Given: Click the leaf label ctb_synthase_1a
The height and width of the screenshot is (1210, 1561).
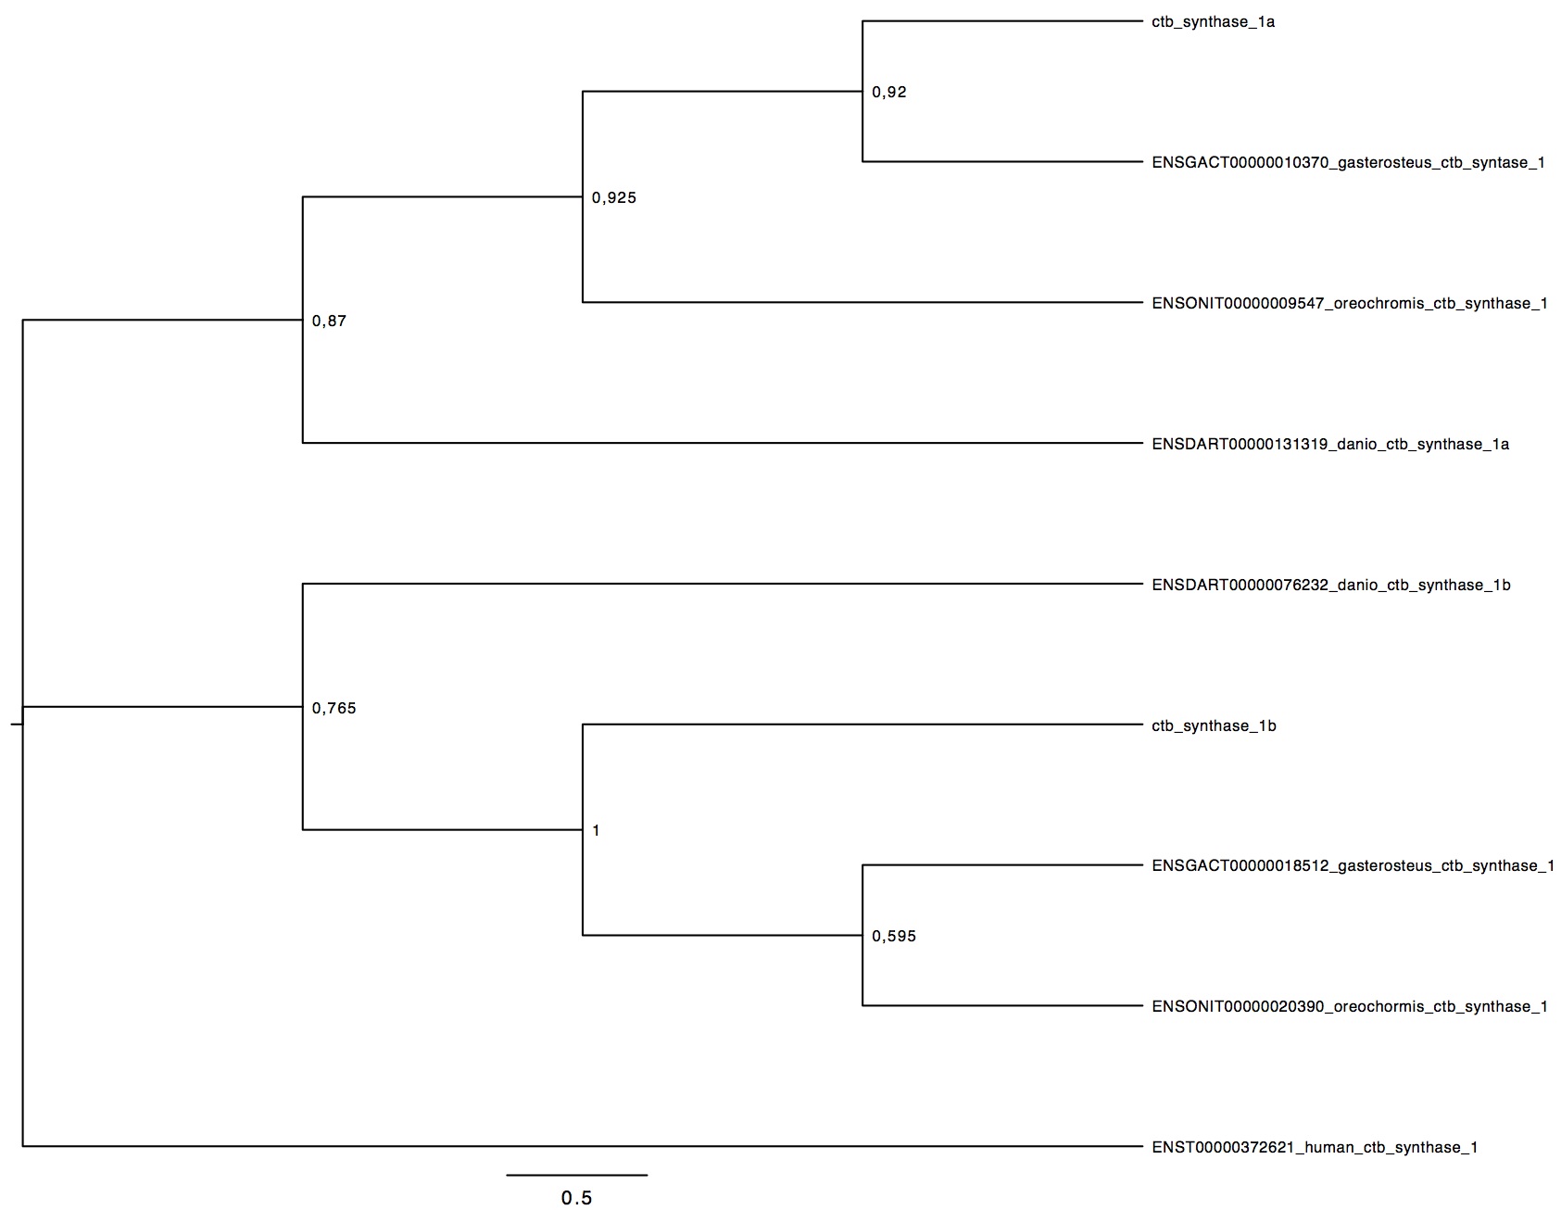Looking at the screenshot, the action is click(1213, 22).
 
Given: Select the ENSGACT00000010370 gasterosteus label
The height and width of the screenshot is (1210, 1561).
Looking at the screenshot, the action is click(1348, 163).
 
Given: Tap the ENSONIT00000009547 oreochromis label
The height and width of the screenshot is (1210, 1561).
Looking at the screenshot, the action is click(1350, 304).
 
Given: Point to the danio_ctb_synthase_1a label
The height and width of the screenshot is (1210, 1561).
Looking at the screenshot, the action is click(1330, 445).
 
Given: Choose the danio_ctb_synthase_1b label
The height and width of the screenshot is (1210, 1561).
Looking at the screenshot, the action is click(1331, 586).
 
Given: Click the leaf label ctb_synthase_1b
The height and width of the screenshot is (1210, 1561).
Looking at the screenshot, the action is click(1214, 726).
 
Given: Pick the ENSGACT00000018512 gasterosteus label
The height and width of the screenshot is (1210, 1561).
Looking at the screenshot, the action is click(1353, 866).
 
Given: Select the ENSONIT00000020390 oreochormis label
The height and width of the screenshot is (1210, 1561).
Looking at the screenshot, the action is click(1350, 1007).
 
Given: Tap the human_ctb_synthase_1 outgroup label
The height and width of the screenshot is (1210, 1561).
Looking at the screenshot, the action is click(1315, 1148).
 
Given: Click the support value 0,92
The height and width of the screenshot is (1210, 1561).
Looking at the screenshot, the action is click(889, 93).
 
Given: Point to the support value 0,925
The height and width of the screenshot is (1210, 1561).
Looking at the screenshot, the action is click(614, 198).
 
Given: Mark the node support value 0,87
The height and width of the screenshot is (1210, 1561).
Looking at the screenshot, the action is click(329, 321).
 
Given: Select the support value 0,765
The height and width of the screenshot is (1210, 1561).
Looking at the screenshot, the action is click(334, 709).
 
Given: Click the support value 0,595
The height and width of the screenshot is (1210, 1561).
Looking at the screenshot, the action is click(894, 937).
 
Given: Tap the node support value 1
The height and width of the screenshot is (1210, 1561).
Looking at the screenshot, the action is click(596, 831).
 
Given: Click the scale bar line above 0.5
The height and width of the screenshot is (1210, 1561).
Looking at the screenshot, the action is click(576, 1175).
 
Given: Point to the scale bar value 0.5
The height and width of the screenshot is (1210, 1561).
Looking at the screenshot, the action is click(576, 1198).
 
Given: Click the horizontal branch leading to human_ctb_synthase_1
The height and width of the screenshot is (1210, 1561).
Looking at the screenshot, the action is click(583, 1147).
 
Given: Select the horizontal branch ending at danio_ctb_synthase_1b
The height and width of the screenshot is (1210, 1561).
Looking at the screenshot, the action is click(724, 584).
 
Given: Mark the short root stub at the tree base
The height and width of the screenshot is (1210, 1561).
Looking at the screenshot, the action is click(17, 724).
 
